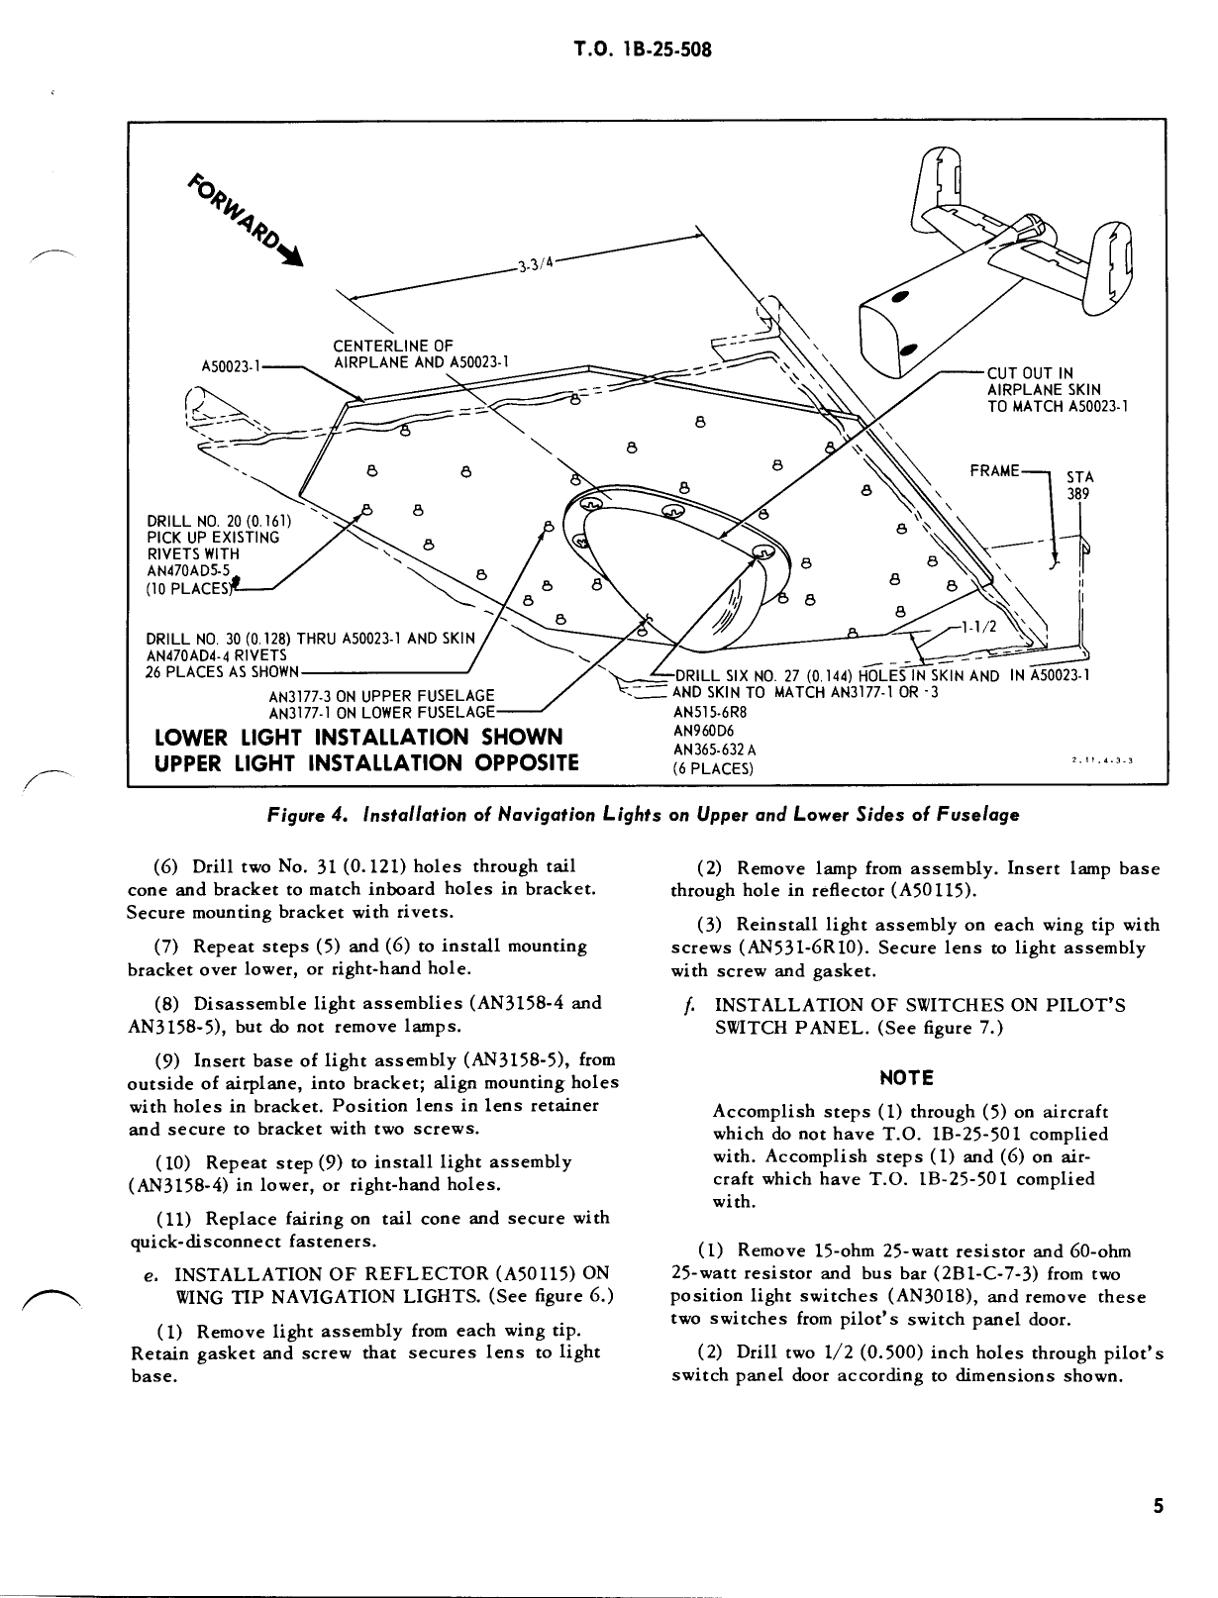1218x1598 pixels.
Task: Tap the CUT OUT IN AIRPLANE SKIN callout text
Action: [1057, 389]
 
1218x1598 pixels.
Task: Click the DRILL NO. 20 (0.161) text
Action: [218, 520]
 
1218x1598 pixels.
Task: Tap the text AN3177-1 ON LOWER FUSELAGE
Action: [383, 712]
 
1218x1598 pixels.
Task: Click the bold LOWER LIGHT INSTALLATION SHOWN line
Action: [359, 738]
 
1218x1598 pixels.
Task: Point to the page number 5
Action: [1158, 1507]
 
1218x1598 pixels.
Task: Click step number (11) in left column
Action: [172, 1218]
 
